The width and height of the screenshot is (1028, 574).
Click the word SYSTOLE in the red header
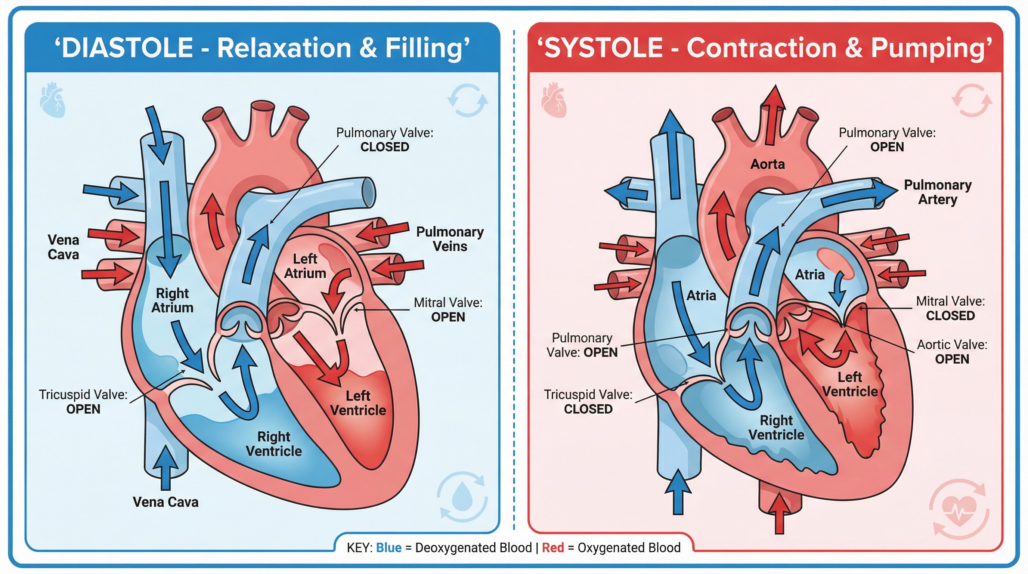pyautogui.click(x=603, y=47)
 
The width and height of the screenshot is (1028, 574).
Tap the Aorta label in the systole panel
pyautogui.click(x=767, y=164)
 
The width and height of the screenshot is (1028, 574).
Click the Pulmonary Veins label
pyautogui.click(x=450, y=239)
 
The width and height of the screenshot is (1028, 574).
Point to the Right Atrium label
pyautogui.click(x=173, y=300)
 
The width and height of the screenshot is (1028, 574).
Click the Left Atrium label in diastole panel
pyautogui.click(x=305, y=266)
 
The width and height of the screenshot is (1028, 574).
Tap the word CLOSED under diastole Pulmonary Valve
pyautogui.click(x=385, y=147)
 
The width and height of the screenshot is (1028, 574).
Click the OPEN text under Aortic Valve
pyautogui.click(x=952, y=359)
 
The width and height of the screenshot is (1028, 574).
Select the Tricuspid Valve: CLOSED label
pyautogui.click(x=588, y=402)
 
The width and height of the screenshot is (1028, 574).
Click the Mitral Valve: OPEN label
pyautogui.click(x=448, y=310)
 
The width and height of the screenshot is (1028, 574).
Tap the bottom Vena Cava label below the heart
pyautogui.click(x=165, y=502)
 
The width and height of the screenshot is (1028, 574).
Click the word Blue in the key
pyautogui.click(x=389, y=548)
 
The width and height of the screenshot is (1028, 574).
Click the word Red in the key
pyautogui.click(x=553, y=548)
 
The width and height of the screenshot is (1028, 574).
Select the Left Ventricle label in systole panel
pyautogui.click(x=850, y=384)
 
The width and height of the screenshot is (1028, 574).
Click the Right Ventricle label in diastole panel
pyautogui.click(x=274, y=444)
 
